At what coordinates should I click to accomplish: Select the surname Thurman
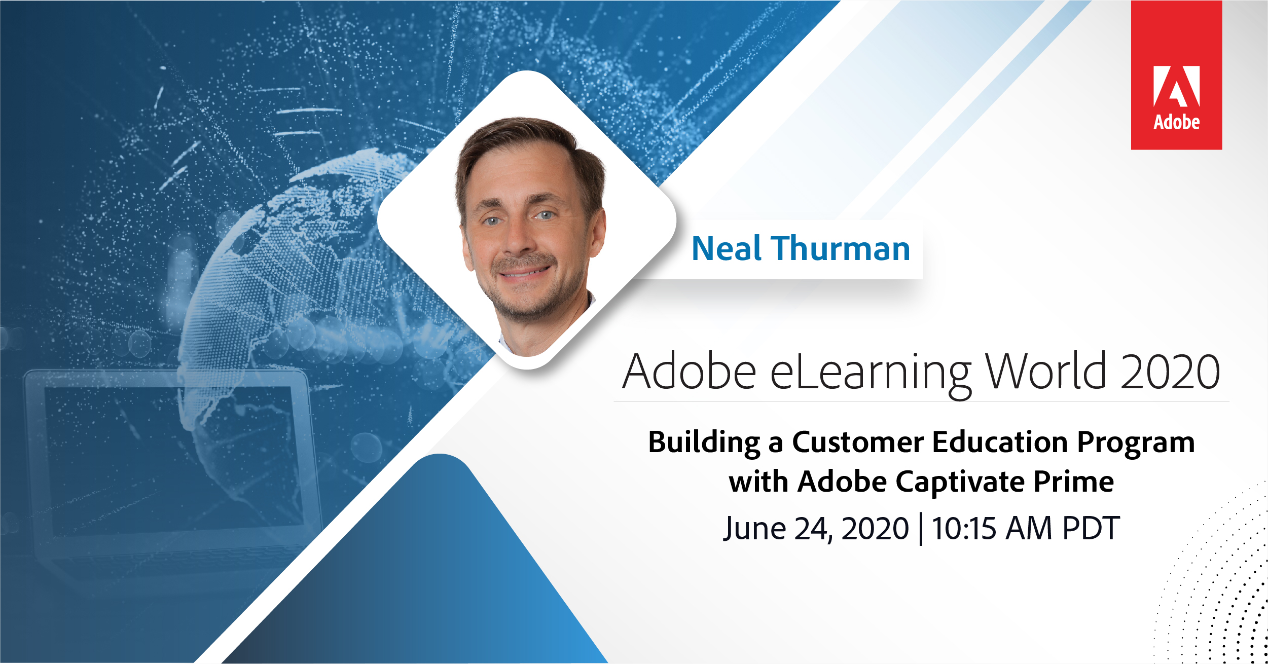841,248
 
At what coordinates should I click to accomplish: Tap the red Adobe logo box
1176,75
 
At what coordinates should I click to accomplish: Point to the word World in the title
1045,371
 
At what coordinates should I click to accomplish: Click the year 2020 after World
1170,372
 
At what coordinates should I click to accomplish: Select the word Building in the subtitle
705,442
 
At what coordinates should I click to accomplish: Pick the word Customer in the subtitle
858,442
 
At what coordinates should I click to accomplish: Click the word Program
1136,443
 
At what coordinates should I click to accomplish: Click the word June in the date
754,529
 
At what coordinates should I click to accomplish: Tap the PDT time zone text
1091,528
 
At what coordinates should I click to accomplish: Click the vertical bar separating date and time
921,529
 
